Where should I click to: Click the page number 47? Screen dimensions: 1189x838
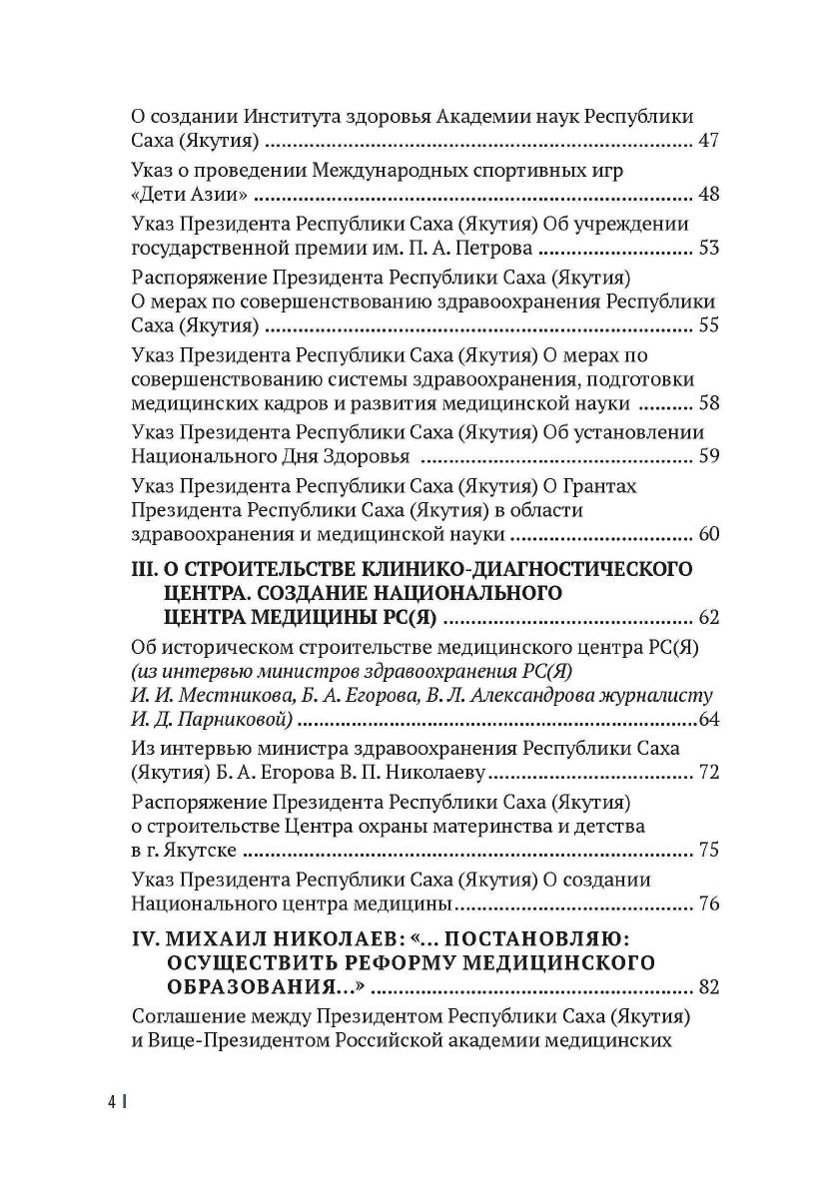click(x=708, y=141)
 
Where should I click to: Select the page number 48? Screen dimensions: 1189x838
click(x=708, y=194)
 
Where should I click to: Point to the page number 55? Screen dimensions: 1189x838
click(x=708, y=325)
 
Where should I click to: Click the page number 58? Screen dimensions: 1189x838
click(x=708, y=404)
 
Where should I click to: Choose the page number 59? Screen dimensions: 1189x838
click(x=708, y=457)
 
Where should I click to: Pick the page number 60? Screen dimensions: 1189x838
click(x=708, y=535)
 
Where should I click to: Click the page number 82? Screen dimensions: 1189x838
click(x=708, y=988)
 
